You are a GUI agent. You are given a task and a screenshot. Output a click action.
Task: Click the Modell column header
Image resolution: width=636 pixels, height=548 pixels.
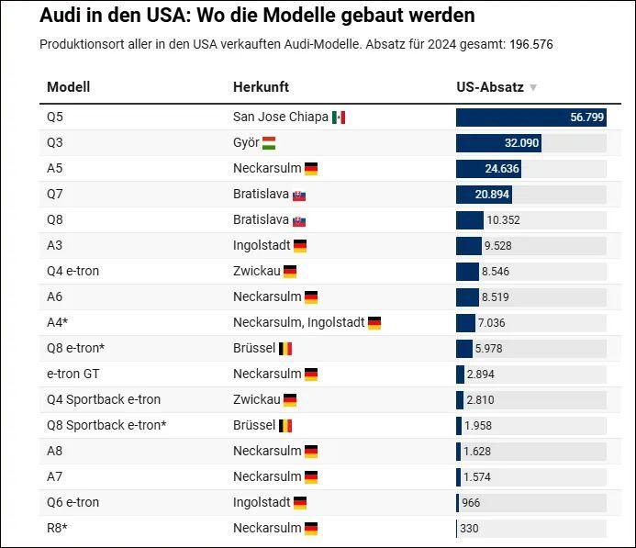pyautogui.click(x=68, y=87)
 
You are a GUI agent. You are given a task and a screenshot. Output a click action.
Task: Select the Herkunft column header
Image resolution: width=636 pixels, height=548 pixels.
pyautogui.click(x=261, y=87)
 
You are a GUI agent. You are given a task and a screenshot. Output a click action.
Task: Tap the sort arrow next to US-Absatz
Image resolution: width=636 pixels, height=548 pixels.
pyautogui.click(x=533, y=88)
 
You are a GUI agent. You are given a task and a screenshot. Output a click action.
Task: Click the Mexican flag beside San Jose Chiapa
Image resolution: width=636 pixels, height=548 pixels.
pyautogui.click(x=339, y=117)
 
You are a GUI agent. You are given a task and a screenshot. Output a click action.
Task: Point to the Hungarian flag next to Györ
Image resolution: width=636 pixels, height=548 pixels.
pyautogui.click(x=269, y=143)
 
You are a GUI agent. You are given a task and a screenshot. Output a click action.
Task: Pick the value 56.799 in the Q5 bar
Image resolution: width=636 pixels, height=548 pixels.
pyautogui.click(x=586, y=117)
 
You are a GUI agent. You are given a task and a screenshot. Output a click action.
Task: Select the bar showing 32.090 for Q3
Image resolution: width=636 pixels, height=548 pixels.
pyautogui.click(x=498, y=143)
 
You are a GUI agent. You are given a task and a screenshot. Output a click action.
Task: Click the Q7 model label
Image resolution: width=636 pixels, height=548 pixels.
pyautogui.click(x=56, y=195)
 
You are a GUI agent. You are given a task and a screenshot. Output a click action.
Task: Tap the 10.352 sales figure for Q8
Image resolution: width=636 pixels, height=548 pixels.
pyautogui.click(x=504, y=220)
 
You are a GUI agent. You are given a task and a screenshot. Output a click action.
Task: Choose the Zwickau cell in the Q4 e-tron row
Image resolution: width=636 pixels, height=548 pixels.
pyautogui.click(x=256, y=272)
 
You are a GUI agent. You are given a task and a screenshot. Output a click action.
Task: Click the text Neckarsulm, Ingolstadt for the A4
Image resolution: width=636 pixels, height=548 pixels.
pyautogui.click(x=298, y=323)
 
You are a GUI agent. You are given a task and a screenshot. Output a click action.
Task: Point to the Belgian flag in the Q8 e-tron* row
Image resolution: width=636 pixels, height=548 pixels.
pyautogui.click(x=285, y=349)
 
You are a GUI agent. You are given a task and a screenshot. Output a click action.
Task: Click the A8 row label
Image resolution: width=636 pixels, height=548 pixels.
pyautogui.click(x=55, y=452)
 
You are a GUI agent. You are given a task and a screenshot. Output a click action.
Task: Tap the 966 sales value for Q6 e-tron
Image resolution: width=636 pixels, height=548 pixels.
pyautogui.click(x=470, y=503)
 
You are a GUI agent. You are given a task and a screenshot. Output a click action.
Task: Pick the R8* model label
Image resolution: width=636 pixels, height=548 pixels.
pyautogui.click(x=57, y=529)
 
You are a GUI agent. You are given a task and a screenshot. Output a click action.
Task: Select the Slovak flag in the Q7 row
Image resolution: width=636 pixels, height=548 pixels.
pyautogui.click(x=299, y=196)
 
